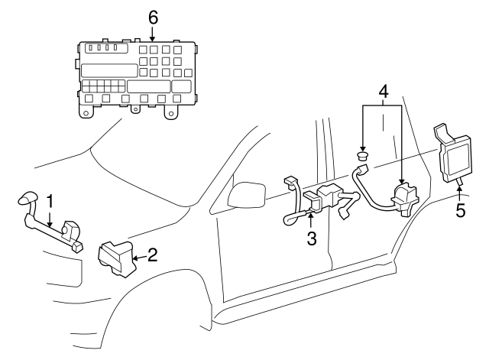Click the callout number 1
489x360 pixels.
[x=50, y=202]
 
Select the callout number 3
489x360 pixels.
[x=311, y=238]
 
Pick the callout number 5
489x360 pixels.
[x=460, y=209]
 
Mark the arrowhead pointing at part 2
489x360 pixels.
[x=134, y=259]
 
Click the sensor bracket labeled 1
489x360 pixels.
[x=53, y=230]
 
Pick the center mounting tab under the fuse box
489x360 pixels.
[x=136, y=110]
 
